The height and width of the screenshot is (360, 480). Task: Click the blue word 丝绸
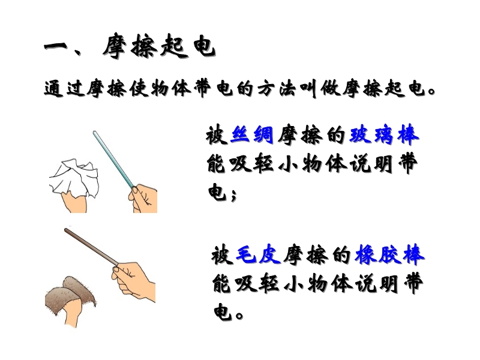251,134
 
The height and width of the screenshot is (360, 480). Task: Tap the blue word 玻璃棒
384,134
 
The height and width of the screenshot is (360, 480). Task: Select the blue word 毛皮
258,254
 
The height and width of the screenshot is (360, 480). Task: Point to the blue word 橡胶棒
389,254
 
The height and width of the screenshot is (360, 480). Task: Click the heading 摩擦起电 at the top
159,47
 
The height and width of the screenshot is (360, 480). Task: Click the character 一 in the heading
56,47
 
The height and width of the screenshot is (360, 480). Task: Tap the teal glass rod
114,160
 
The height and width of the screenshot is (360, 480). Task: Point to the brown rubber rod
91,247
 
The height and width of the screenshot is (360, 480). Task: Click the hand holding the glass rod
143,199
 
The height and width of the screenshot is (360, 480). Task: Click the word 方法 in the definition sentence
277,89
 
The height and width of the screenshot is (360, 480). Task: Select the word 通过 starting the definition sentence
64,89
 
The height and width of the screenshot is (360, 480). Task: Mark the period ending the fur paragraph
239,316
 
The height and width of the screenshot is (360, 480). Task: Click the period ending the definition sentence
432,91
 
